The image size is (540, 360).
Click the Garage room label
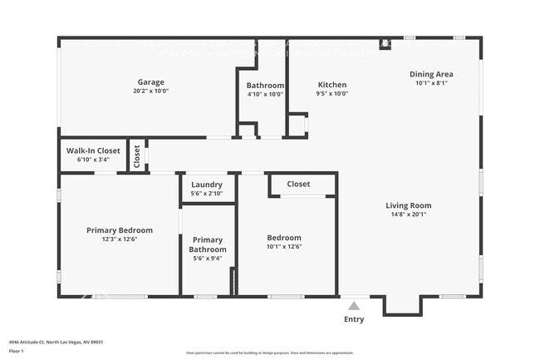[150, 82]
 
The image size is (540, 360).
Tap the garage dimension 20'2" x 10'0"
[150, 91]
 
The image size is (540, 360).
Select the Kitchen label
[331, 85]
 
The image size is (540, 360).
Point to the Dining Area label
[431, 74]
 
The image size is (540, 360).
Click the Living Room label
[408, 205]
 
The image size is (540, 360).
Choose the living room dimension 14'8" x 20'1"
[408, 215]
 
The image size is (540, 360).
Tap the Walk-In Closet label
[92, 150]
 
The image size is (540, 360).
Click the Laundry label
[206, 185]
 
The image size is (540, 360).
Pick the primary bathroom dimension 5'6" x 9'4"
[208, 258]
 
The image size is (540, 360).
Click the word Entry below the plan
[354, 319]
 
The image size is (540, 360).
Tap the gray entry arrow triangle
[354, 305]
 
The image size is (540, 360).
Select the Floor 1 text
[17, 352]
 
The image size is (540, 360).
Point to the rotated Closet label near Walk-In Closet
[137, 156]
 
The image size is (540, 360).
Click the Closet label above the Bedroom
[298, 184]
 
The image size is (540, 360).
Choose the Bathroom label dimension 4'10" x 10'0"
[265, 94]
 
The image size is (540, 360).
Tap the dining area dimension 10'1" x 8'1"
[431, 83]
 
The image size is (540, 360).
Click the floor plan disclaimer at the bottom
[269, 353]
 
